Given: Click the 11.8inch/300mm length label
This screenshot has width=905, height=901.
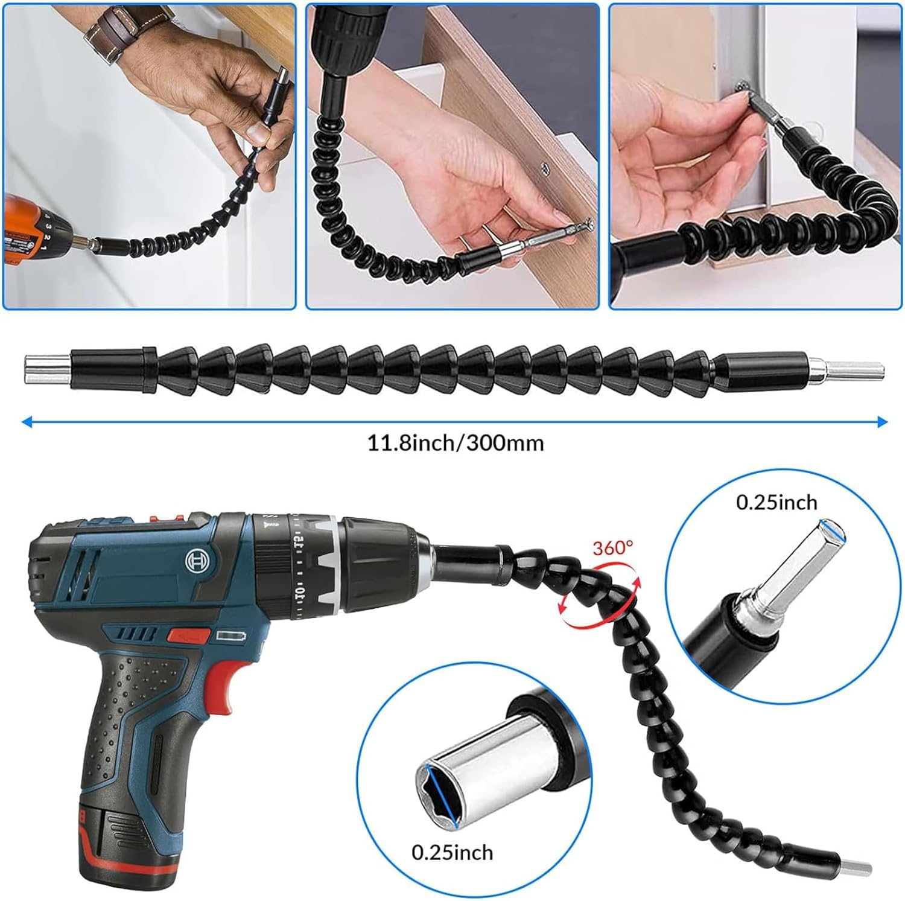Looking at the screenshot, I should point(456,444).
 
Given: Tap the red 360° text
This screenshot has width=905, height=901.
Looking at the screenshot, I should point(612,548).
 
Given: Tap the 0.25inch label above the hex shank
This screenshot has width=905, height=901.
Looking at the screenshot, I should point(776,502).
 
